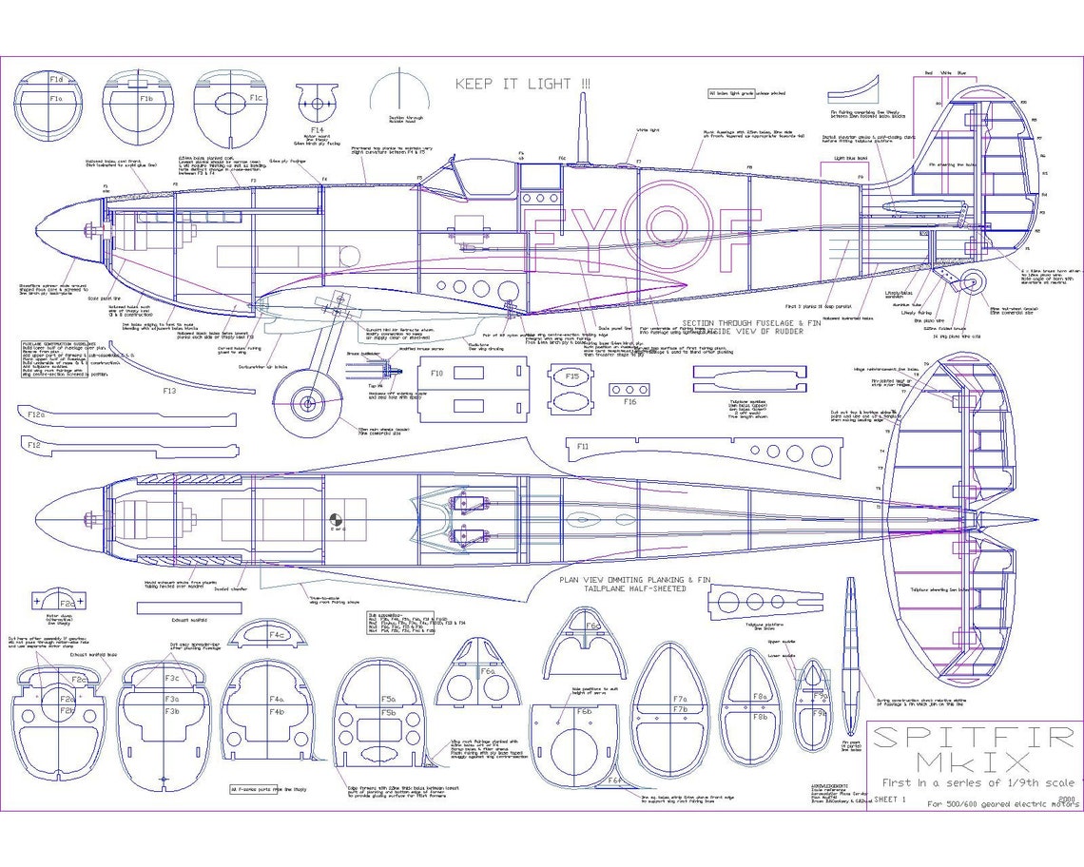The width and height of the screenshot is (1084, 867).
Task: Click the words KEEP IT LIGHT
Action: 523,84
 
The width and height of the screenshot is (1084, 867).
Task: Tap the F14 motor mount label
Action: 317,129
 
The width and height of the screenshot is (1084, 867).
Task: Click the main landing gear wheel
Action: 308,403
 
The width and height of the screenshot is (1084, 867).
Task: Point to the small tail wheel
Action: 972,281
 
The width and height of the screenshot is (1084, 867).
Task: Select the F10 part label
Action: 436,373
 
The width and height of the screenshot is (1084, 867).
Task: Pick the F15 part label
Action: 571,376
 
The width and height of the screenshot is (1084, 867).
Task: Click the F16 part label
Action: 630,402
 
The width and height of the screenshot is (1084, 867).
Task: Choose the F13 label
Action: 169,391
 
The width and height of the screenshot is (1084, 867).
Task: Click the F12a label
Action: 36,414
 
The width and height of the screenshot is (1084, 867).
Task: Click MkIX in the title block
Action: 973,762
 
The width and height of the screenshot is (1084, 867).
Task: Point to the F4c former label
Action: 277,634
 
